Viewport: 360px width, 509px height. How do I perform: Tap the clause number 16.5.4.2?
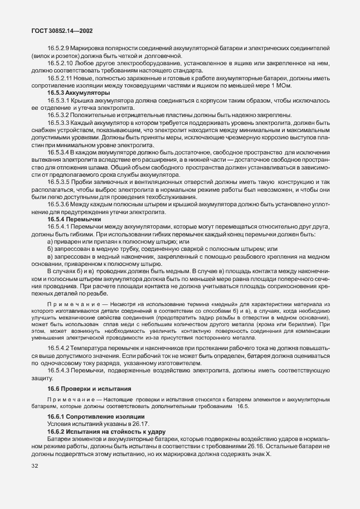[58, 348]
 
